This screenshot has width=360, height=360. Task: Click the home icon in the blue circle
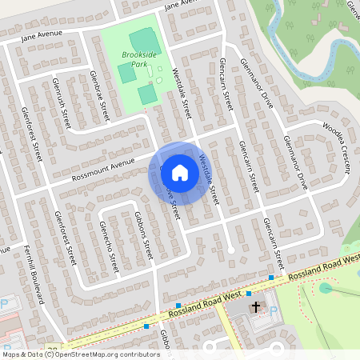179,172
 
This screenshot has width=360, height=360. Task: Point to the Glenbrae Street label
100,96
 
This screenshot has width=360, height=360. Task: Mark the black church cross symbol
256,306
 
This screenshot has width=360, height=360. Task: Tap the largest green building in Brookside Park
145,39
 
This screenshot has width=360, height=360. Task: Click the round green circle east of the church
325,288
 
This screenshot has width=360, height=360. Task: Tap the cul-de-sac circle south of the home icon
230,250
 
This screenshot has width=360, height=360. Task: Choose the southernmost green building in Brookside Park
147,94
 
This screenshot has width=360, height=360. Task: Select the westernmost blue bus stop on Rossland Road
146,326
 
